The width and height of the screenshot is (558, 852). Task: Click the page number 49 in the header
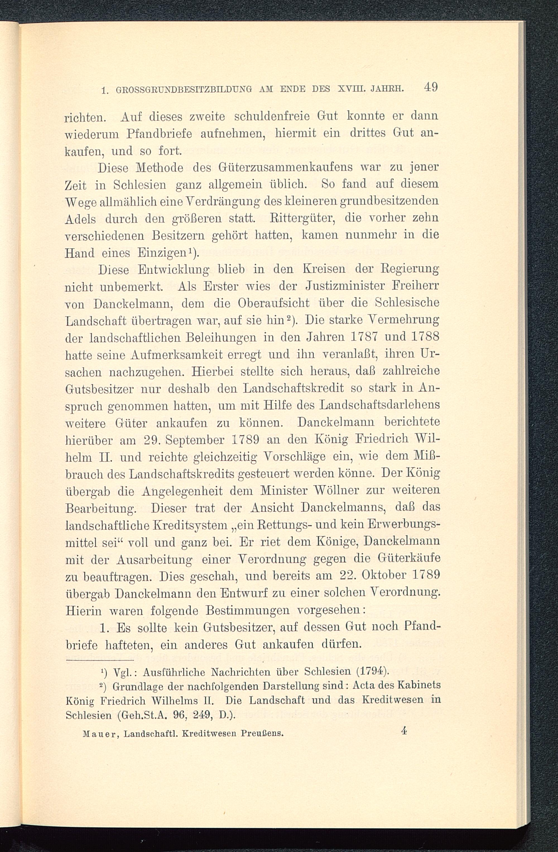click(430, 88)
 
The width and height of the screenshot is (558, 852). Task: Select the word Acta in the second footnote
click(365, 686)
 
